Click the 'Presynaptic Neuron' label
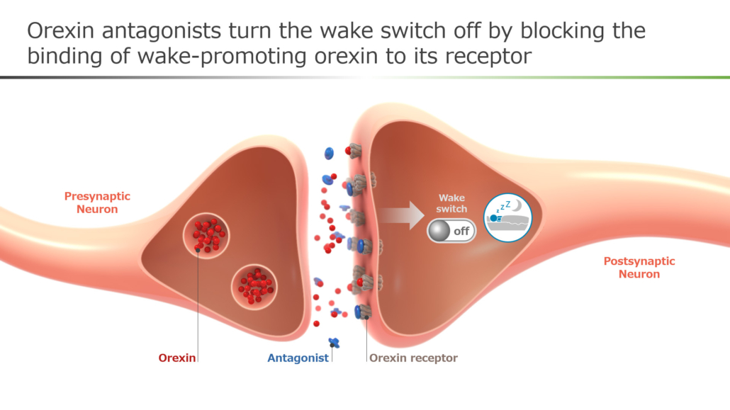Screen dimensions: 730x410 click(97, 203)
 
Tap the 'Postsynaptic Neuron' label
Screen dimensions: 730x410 click(639, 268)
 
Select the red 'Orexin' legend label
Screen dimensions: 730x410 click(177, 358)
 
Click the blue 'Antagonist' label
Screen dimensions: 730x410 click(298, 358)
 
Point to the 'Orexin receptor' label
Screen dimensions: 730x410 click(413, 358)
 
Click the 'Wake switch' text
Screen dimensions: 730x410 click(451, 203)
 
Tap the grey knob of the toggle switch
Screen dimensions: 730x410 click(439, 231)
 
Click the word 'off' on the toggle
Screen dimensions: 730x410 click(461, 232)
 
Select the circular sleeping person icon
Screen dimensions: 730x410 click(507, 218)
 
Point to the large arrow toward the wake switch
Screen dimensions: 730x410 click(401, 215)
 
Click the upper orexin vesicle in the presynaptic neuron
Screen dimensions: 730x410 click(206, 236)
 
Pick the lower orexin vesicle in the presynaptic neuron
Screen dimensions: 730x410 click(254, 286)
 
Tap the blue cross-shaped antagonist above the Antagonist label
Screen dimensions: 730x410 click(334, 343)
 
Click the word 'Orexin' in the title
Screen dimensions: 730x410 click(60, 30)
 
